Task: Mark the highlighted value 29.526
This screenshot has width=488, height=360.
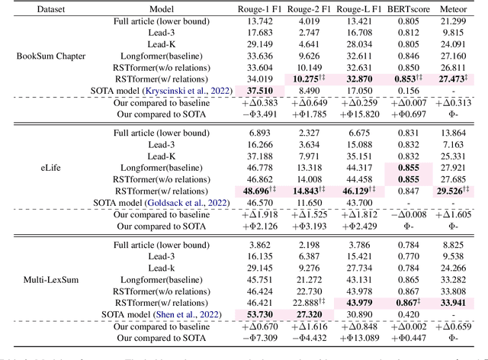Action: (x=460, y=189)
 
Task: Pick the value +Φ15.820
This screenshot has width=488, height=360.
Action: (x=358, y=114)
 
